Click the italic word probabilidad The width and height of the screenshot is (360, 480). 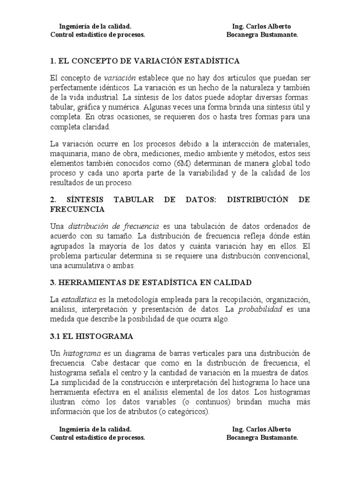261,309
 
